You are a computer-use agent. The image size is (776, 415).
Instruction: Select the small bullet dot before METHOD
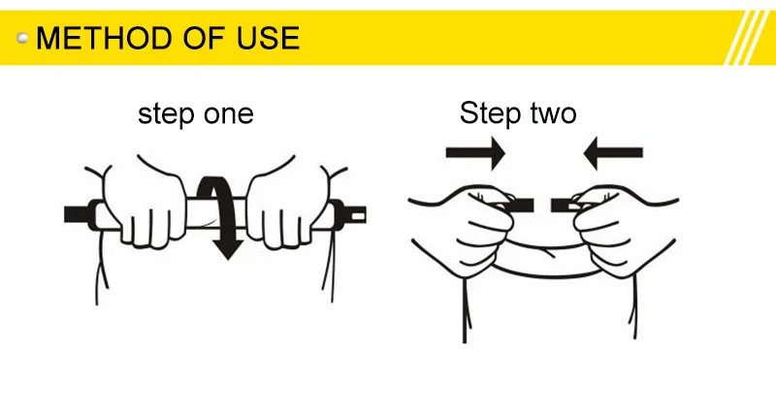click(22, 38)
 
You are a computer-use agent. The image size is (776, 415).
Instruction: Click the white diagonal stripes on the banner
click(749, 38)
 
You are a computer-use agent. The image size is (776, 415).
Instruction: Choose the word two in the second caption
click(554, 113)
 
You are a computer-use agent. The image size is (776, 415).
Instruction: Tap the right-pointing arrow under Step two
click(475, 153)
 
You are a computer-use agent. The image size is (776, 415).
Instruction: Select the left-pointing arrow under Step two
click(613, 153)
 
